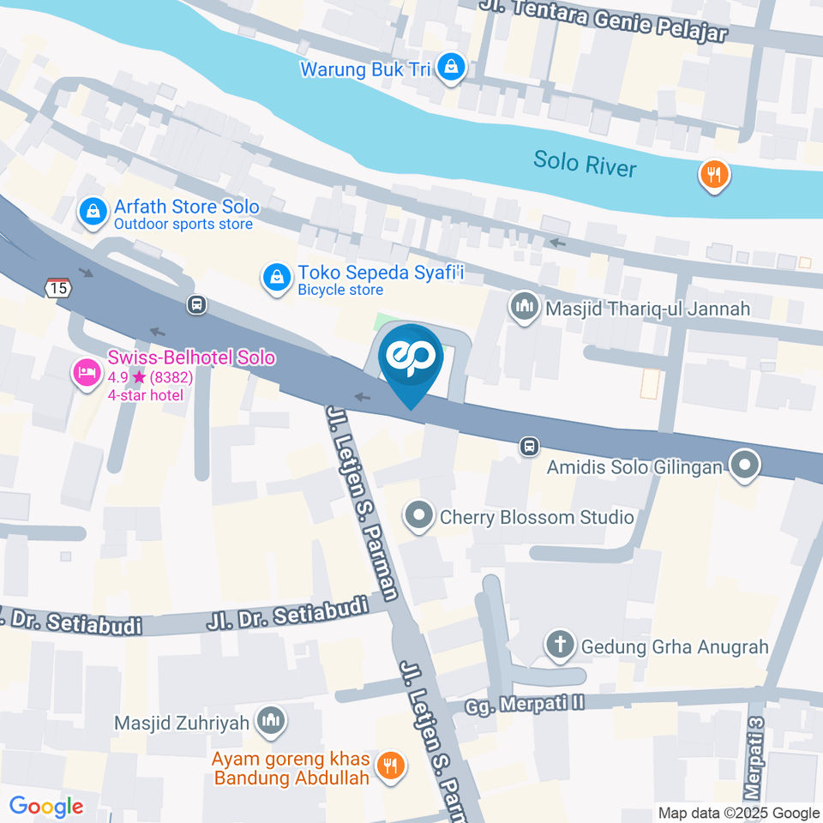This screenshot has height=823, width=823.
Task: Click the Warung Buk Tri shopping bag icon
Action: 450,67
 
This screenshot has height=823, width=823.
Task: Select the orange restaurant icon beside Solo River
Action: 713,176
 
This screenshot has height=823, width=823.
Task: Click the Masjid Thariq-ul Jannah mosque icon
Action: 522,306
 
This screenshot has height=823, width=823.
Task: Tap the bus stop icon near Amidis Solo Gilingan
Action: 530,447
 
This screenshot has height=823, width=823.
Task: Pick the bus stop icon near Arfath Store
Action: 196,303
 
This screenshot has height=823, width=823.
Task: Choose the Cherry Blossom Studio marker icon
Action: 419,517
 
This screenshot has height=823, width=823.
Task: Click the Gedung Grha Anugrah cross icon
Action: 561,646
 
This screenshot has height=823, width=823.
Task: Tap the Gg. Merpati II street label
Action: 525,704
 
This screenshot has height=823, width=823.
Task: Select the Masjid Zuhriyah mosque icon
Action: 271,722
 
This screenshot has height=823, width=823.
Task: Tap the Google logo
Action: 45,806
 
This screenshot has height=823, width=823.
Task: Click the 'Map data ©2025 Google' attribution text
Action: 739,813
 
